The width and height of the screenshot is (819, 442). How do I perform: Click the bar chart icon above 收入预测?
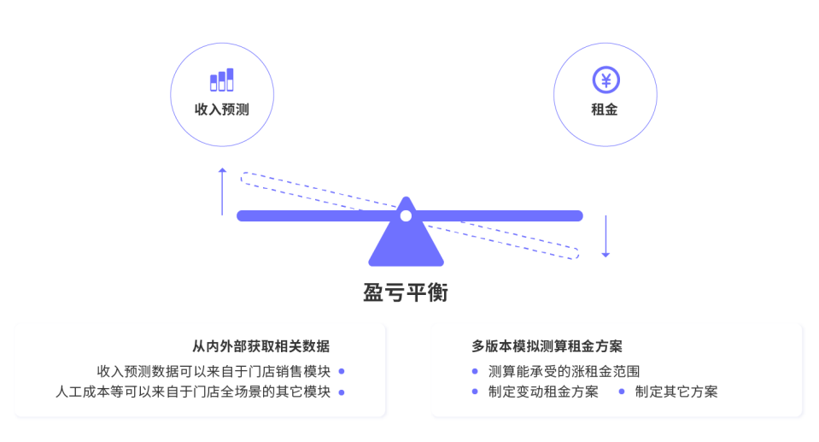pyautogui.click(x=221, y=80)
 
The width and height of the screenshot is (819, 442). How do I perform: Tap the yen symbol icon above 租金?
pyautogui.click(x=605, y=80)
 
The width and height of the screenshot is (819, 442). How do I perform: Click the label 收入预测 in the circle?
pyautogui.click(x=221, y=109)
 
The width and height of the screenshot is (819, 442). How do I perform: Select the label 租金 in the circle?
pyautogui.click(x=605, y=109)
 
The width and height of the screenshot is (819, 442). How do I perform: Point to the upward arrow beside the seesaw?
pyautogui.click(x=222, y=191)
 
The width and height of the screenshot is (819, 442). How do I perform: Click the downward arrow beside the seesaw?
pyautogui.click(x=605, y=236)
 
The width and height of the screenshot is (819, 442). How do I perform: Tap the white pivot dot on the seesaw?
pyautogui.click(x=406, y=215)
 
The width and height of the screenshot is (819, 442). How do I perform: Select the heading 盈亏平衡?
pyautogui.click(x=406, y=293)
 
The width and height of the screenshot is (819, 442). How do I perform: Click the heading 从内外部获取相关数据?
pyautogui.click(x=260, y=346)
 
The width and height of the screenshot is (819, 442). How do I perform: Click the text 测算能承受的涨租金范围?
pyautogui.click(x=564, y=371)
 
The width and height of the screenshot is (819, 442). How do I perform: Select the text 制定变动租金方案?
pyautogui.click(x=543, y=392)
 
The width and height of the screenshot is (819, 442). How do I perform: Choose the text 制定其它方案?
pyautogui.click(x=676, y=392)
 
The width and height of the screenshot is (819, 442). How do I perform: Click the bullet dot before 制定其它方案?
pyautogui.click(x=621, y=392)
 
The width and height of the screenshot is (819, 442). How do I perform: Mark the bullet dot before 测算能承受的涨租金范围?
pyautogui.click(x=475, y=371)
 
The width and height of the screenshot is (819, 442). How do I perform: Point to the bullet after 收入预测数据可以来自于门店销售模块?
pyautogui.click(x=341, y=371)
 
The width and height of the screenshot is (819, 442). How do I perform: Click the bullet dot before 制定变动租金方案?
pyautogui.click(x=475, y=392)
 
